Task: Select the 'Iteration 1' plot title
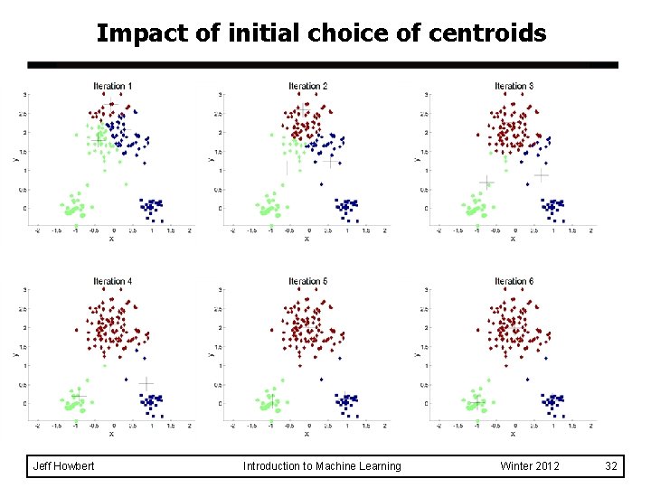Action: (x=112, y=86)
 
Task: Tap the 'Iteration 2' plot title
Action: (x=307, y=86)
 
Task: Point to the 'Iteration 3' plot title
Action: (x=514, y=86)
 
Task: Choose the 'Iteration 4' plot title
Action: (x=112, y=281)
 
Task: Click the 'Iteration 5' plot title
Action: (x=307, y=281)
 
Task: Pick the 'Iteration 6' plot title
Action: (x=514, y=281)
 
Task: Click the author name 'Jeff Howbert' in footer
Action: (x=63, y=465)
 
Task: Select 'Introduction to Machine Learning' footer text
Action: (x=322, y=465)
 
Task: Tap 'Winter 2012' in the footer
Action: (x=530, y=465)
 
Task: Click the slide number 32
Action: (x=611, y=465)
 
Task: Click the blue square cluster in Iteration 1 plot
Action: (x=151, y=208)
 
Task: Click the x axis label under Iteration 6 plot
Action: (x=513, y=434)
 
